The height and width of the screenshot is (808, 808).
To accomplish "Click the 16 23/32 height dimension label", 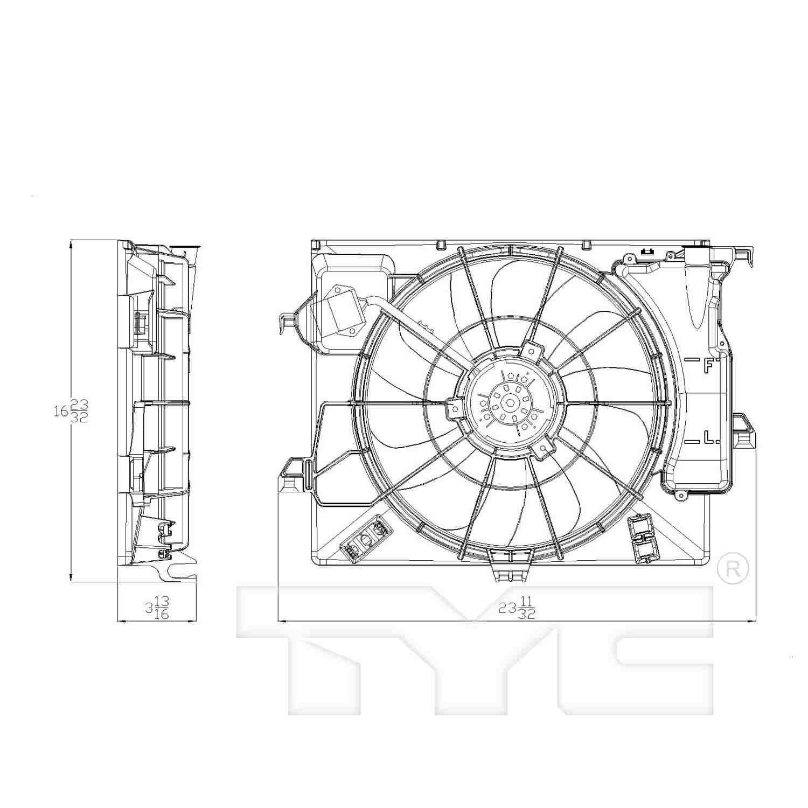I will pos(71,411).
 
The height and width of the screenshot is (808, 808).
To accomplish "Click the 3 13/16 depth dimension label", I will pos(157,607).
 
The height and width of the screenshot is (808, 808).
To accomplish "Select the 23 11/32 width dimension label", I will pos(517,608).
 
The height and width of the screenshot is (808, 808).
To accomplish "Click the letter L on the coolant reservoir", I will pos(710,438).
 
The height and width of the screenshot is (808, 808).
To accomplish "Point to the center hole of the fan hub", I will pos(508,402).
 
